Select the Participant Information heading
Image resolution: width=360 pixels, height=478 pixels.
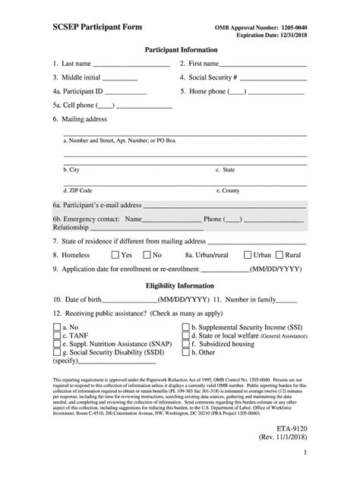coord(180,49)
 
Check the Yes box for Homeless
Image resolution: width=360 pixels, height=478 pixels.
coord(115,256)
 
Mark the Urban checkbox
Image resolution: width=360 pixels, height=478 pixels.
coord(248,256)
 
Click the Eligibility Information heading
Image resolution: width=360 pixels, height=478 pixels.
coord(180,285)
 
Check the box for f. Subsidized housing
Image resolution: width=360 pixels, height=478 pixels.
coord(186,344)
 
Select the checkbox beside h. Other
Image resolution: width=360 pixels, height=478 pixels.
coord(186,353)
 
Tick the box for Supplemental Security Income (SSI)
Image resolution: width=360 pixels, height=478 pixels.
coord(186,325)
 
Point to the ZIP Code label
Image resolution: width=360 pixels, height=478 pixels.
coord(78,190)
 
